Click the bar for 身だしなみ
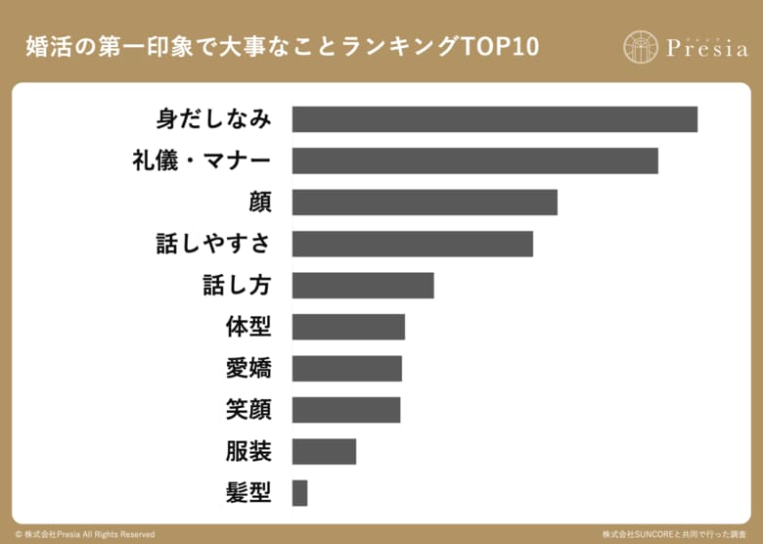(494, 119)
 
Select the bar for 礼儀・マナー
(474, 160)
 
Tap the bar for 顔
(425, 203)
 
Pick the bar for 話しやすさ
(412, 244)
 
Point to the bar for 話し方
(362, 286)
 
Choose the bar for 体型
(348, 327)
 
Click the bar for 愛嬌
(346, 369)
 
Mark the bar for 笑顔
(346, 410)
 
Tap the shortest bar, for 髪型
(299, 493)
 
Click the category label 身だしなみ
(213, 119)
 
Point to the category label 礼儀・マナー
(202, 160)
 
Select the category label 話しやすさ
(213, 244)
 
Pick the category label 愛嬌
(247, 369)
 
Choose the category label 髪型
(247, 493)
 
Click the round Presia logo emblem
(641, 46)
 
